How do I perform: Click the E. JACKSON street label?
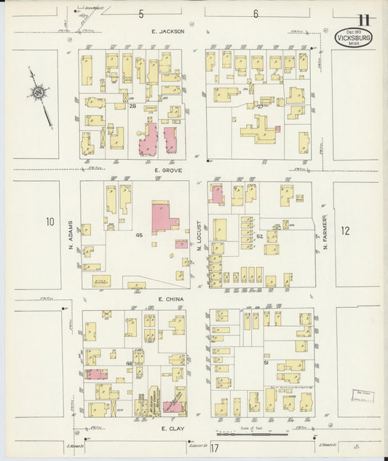(168, 32)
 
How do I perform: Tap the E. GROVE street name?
(168, 169)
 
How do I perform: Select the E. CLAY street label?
(171, 430)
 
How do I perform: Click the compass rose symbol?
(36, 93)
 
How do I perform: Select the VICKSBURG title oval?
(354, 37)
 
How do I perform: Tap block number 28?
(133, 106)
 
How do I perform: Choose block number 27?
(260, 106)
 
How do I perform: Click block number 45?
(138, 235)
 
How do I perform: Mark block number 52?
(259, 236)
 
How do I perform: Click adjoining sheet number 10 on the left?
(49, 222)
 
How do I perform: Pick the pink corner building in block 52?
(216, 194)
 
